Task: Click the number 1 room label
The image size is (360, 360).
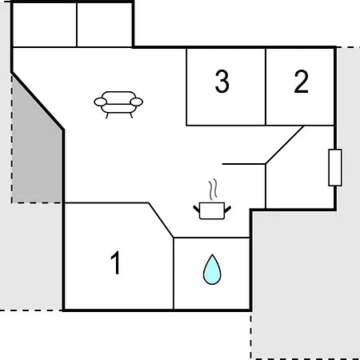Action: [116, 262]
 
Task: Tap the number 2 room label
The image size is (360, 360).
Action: [301, 82]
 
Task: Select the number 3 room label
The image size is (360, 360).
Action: [222, 81]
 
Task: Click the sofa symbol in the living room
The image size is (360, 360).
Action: [118, 105]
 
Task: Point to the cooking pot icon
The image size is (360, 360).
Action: [212, 211]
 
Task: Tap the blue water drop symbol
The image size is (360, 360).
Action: [212, 270]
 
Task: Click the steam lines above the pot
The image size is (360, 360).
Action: [213, 190]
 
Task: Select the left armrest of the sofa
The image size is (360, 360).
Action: [101, 102]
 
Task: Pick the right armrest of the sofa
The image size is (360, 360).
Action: [137, 102]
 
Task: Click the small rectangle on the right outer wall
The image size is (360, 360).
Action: [335, 167]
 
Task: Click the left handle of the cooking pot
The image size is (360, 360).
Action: [197, 209]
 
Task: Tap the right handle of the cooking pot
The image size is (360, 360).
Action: [227, 210]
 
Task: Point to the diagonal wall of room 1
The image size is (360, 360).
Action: [161, 220]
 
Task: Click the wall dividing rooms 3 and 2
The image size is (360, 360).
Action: [266, 86]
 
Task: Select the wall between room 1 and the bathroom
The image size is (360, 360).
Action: [174, 274]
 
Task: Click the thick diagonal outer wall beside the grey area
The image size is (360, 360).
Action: [38, 101]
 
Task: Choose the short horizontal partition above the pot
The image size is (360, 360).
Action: [244, 164]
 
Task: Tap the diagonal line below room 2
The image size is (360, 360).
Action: [285, 145]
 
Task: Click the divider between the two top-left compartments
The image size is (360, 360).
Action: [77, 25]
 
